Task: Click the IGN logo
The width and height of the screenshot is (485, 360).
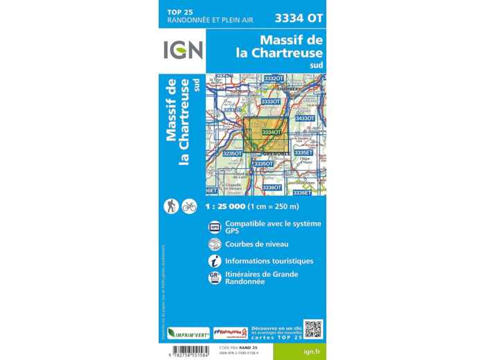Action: point(183,50)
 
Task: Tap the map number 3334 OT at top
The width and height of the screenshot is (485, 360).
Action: point(299,17)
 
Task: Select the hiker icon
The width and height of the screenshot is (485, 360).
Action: point(171,206)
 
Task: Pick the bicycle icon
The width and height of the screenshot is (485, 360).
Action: point(189,206)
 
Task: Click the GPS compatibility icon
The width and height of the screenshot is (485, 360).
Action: point(215,227)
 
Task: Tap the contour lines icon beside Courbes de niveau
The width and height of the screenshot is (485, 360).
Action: point(215,244)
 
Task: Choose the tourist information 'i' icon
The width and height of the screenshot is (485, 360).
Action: point(215,261)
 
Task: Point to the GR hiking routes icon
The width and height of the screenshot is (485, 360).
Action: point(215,278)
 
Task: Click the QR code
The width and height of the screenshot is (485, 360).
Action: point(312,329)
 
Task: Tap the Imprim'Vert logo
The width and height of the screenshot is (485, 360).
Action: point(188,332)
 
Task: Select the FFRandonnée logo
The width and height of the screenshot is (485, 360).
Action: point(231,332)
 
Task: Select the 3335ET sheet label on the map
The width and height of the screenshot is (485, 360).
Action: point(303,152)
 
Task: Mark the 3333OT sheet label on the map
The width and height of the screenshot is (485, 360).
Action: point(270,102)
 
